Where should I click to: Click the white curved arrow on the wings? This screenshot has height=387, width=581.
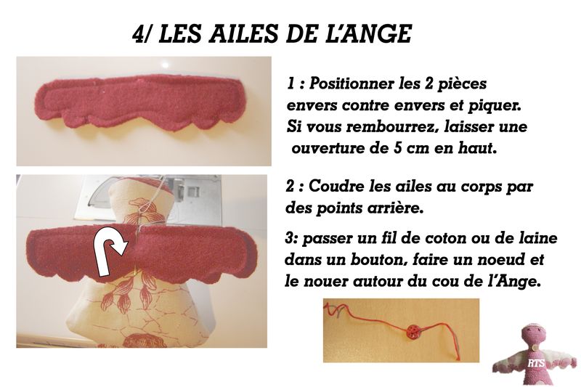pos(110,253)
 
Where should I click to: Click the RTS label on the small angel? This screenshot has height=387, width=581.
pos(536,363)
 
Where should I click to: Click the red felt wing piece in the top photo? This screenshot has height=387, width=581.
pos(139,102)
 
